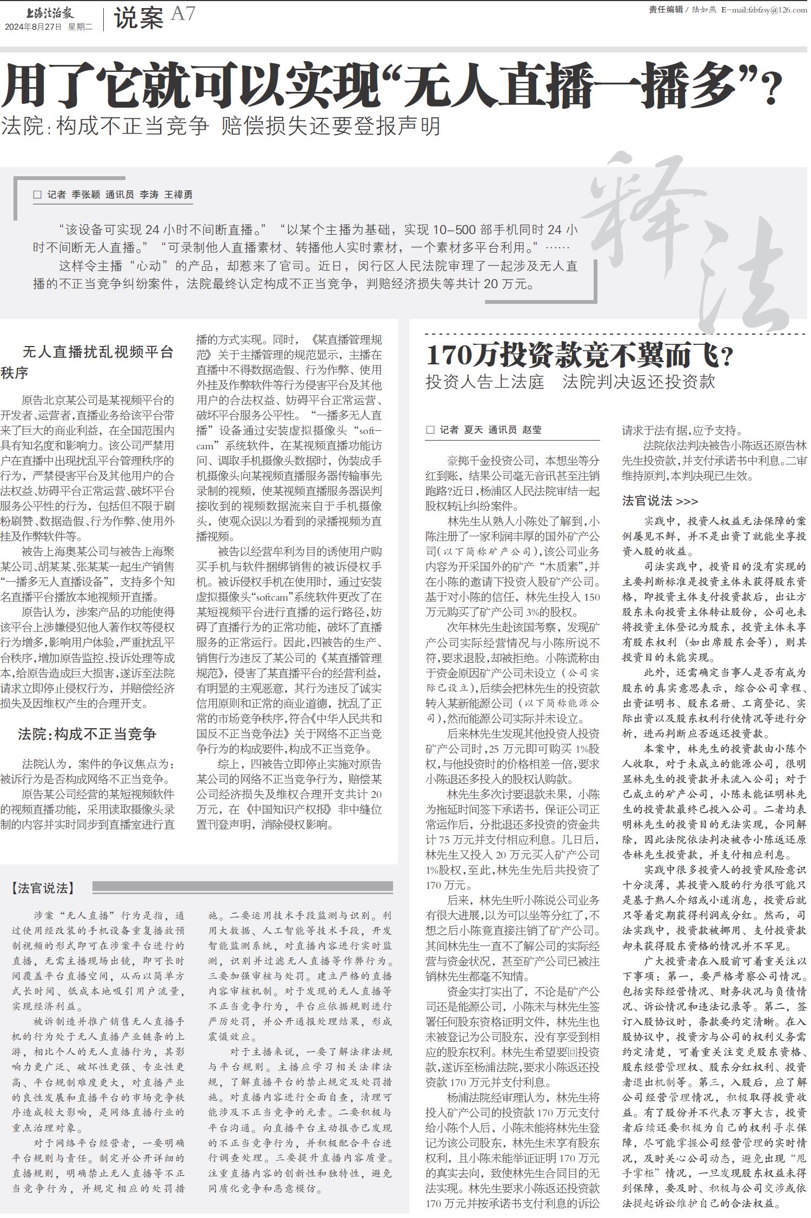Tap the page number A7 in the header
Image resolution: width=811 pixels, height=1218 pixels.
pyautogui.click(x=183, y=14)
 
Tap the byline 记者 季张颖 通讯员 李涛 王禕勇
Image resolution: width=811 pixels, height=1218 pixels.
pyautogui.click(x=119, y=195)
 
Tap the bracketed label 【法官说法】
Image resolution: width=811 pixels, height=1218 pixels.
pyautogui.click(x=43, y=888)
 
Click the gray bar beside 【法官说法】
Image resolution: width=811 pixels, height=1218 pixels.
pyautogui.click(x=242, y=887)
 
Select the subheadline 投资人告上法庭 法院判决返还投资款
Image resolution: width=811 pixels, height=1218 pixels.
pyautogui.click(x=570, y=382)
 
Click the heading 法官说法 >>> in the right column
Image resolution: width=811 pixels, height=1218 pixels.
pyautogui.click(x=660, y=501)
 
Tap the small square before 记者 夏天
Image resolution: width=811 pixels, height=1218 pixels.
pyautogui.click(x=430, y=430)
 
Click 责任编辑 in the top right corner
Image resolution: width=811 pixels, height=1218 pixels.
pyautogui.click(x=666, y=10)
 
